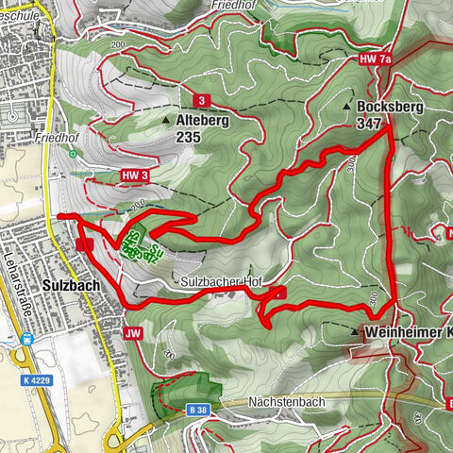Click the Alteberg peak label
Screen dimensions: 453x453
tap(203, 121)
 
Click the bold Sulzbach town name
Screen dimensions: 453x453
tap(71, 283)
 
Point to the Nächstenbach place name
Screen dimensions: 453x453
tap(287, 402)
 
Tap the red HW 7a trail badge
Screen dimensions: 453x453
tap(375, 59)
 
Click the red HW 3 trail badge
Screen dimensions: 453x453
tap(135, 175)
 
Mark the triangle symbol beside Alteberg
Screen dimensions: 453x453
tap(167, 121)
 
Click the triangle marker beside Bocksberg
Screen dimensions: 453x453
tap(361, 108)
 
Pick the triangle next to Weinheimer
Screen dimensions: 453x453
tap(356, 332)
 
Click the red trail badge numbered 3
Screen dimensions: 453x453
tap(201, 100)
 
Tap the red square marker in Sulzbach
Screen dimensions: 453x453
tap(84, 243)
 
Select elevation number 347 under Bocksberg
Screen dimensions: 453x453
tap(369, 124)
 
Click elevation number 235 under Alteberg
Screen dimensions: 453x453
tap(188, 137)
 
